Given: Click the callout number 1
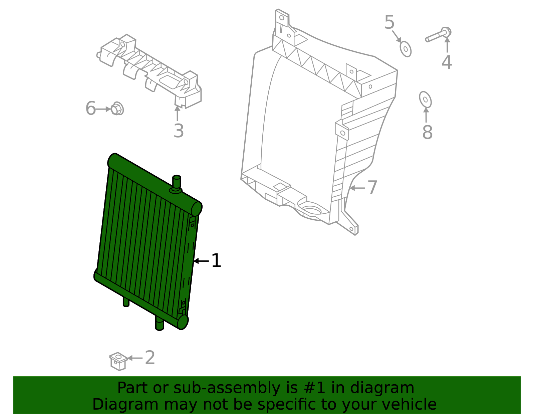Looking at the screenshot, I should pos(216,261).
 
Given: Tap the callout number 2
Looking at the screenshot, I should pos(150,358).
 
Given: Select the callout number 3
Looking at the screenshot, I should pos(179,131).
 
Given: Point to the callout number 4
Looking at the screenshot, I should pos(447,62).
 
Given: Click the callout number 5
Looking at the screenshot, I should pos(389,22).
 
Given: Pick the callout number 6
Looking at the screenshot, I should pos(90,109).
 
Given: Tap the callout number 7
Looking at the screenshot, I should pos(372,188).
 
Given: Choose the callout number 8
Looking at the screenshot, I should pos(427,132).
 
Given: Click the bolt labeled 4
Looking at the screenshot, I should pos(438,35).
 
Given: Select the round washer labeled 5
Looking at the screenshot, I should pos(406,49).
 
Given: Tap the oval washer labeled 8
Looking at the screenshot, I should pos(425,99).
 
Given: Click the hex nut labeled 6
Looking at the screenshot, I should pos(117,109).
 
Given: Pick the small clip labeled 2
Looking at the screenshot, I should pos(118,361).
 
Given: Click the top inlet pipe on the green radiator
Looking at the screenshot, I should pos(177,183).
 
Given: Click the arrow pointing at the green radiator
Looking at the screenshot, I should pos(201,261).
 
